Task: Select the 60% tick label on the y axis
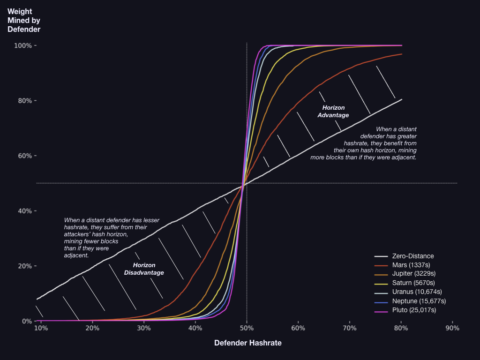point(24,156)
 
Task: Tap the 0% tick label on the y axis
point(25,321)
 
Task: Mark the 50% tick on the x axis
point(247,328)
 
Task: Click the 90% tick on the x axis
point(452,328)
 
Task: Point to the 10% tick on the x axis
point(41,328)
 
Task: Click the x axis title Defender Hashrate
point(248,343)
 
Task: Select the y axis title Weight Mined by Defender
point(24,21)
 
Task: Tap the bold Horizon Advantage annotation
point(333,111)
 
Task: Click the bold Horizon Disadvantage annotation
point(144,269)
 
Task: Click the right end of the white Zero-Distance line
point(402,99)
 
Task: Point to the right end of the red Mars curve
point(402,54)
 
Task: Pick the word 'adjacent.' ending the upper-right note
point(403,157)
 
